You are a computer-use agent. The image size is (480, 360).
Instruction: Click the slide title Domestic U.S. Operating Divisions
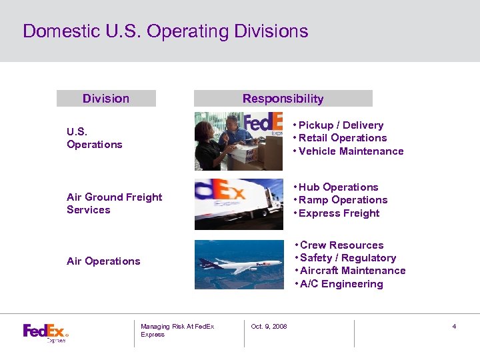[165, 31]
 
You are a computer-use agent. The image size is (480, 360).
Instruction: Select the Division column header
[106, 99]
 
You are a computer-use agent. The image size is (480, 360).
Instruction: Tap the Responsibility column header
[283, 99]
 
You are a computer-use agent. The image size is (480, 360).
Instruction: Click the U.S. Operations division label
[94, 138]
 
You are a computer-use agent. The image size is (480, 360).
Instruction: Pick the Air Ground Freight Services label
[114, 203]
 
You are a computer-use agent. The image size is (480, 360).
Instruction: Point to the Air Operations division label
[103, 261]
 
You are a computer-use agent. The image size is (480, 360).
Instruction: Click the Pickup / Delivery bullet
[341, 125]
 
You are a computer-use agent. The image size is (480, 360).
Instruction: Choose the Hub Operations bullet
[338, 187]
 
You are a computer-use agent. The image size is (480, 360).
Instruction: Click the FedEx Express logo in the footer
[45, 332]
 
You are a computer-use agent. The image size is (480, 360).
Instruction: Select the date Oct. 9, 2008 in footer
[269, 327]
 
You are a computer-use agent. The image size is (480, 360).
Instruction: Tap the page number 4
[454, 327]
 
